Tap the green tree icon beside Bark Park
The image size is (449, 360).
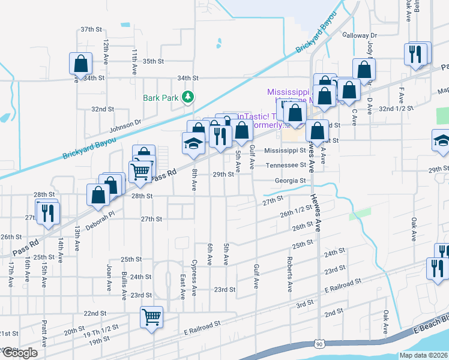[x=188, y=96]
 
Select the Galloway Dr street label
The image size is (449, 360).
[x=359, y=36]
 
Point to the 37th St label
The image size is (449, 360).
[x=92, y=29]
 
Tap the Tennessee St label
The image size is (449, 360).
[x=286, y=165]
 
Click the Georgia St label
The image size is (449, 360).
[x=291, y=180]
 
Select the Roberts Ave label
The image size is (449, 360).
[x=289, y=274]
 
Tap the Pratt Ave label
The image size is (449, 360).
[x=44, y=333]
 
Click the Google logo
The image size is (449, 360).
[x=20, y=353]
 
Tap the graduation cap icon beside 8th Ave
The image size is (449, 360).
[x=193, y=143]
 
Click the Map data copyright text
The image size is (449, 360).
[x=423, y=355]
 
